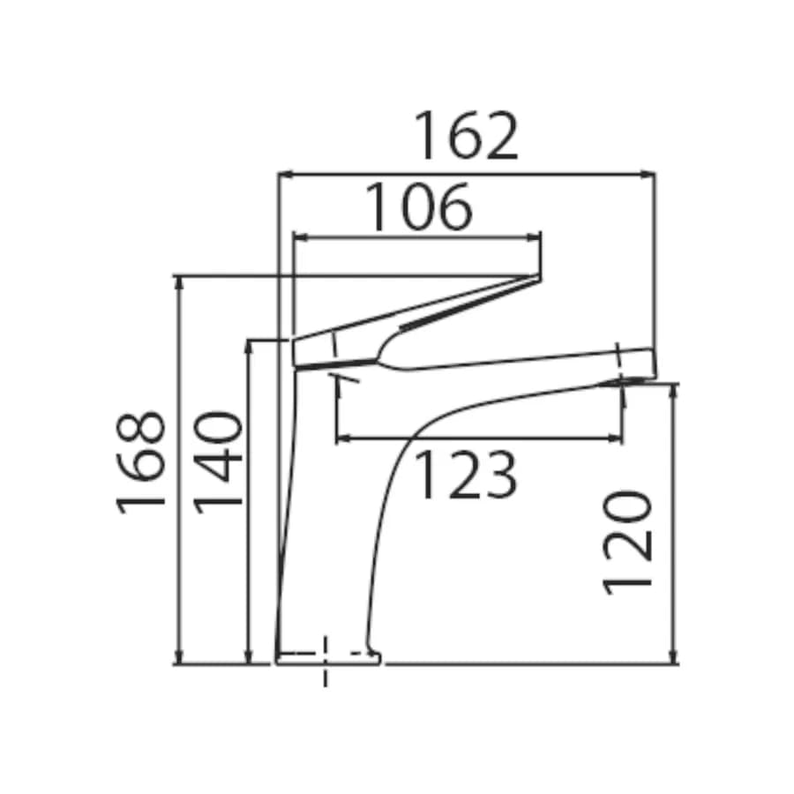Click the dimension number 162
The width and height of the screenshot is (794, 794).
click(467, 136)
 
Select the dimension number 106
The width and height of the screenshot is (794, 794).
click(418, 207)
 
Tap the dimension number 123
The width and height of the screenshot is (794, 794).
click(465, 474)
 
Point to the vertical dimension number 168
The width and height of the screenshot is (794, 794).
click(141, 462)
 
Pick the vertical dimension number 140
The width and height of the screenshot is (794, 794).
click(219, 462)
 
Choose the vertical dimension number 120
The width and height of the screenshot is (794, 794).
click(627, 543)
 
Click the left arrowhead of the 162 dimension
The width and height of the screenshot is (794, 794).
click(286, 175)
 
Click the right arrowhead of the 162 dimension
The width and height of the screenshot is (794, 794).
click(648, 175)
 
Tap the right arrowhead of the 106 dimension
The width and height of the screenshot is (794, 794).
click(534, 237)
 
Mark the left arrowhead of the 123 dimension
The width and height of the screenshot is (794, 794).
click(343, 438)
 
